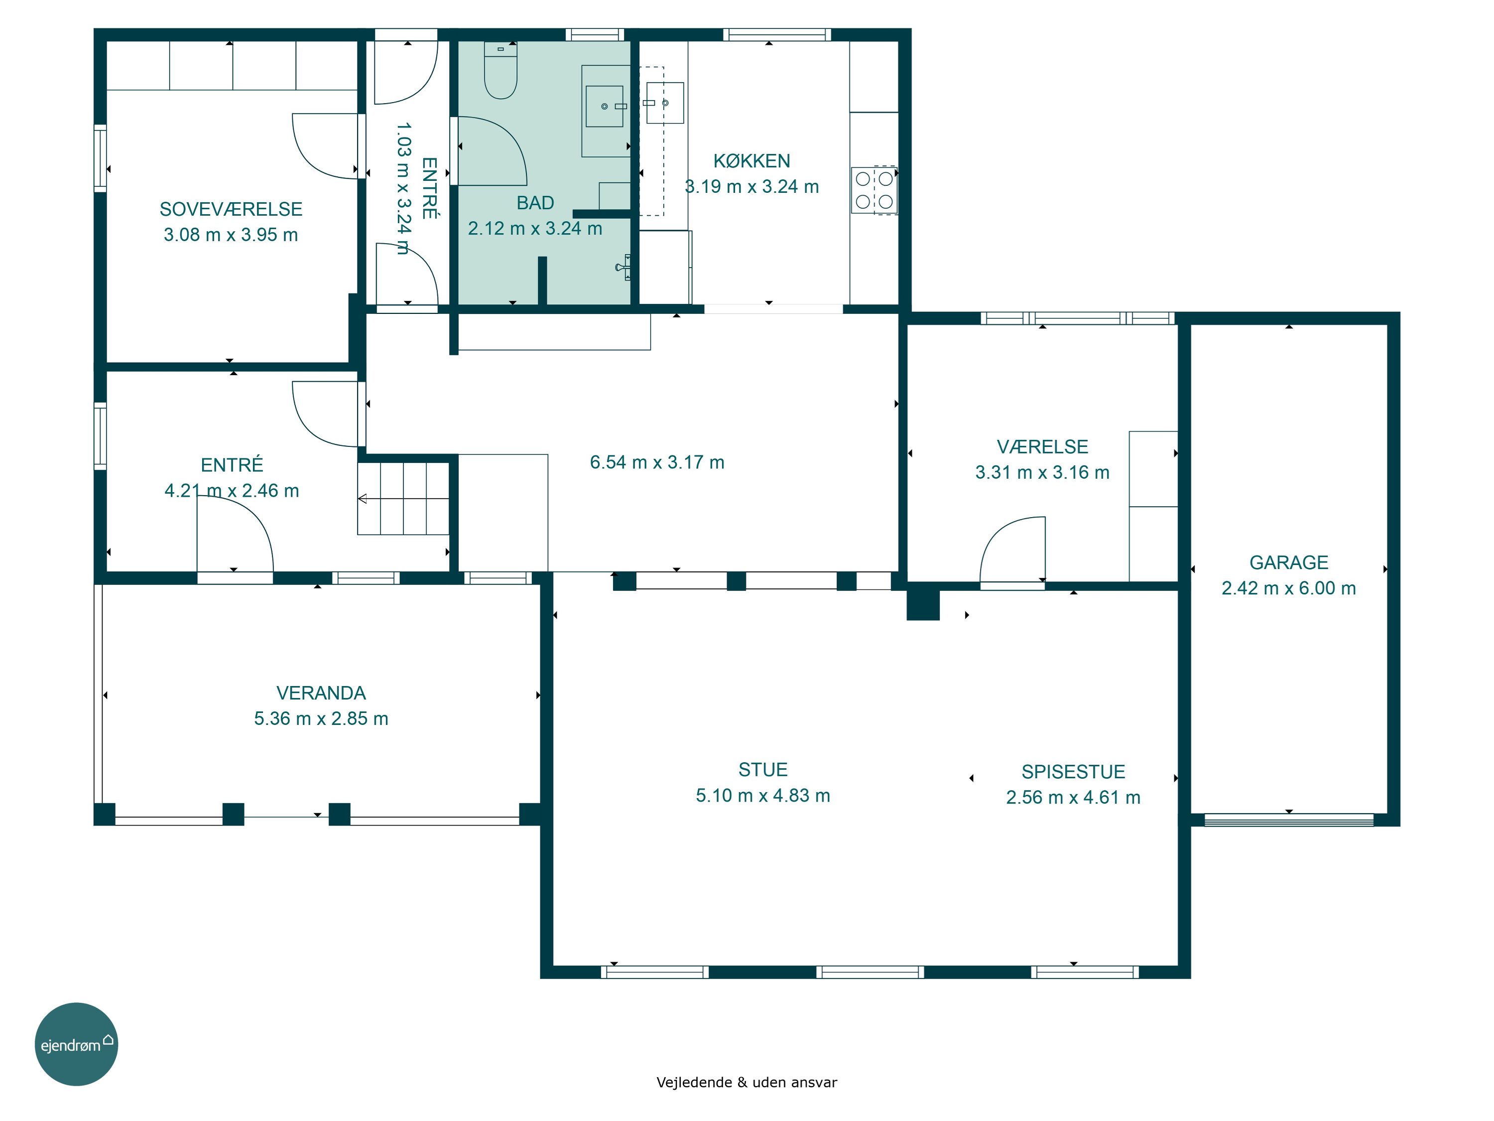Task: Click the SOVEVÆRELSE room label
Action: tap(231, 209)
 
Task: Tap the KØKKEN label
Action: tap(751, 161)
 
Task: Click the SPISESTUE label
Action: tap(1073, 772)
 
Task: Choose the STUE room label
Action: tap(763, 770)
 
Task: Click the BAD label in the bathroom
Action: tap(535, 203)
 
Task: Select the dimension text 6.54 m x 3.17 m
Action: tap(657, 462)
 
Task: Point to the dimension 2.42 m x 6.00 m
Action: tap(1289, 588)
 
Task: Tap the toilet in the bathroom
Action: tap(500, 70)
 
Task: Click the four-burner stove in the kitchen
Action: tap(874, 190)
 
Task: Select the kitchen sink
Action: tap(665, 103)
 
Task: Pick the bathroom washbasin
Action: tap(605, 106)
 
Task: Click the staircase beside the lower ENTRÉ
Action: tap(403, 499)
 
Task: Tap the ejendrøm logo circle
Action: tap(76, 1044)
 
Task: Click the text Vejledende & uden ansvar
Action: tap(747, 1083)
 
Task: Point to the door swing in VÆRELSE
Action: tap(1012, 550)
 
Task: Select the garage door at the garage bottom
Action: tap(1289, 820)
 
